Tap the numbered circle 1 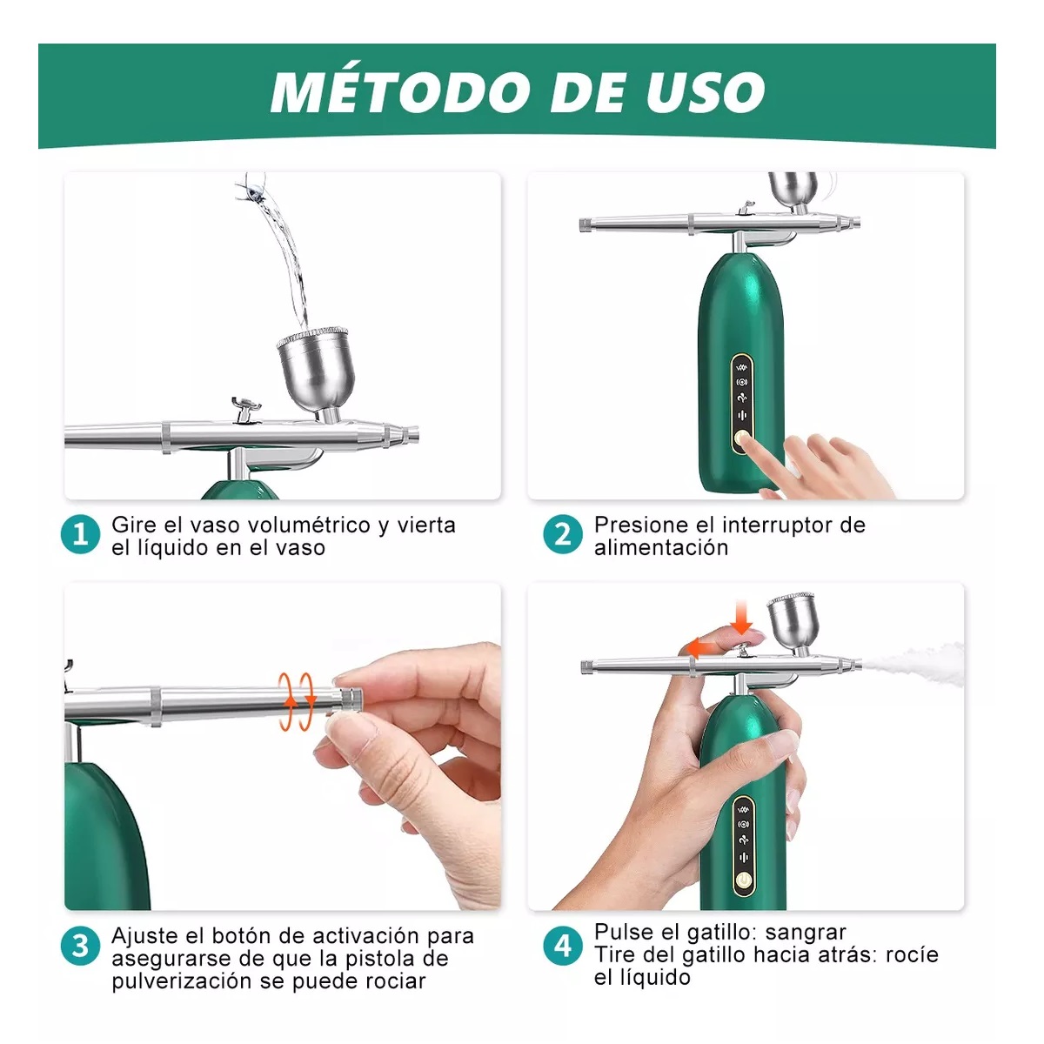[x=81, y=534]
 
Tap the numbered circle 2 [x=563, y=534]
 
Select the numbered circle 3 [x=81, y=946]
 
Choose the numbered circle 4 [x=563, y=946]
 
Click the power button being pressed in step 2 [x=742, y=441]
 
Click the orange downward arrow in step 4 [x=741, y=617]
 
